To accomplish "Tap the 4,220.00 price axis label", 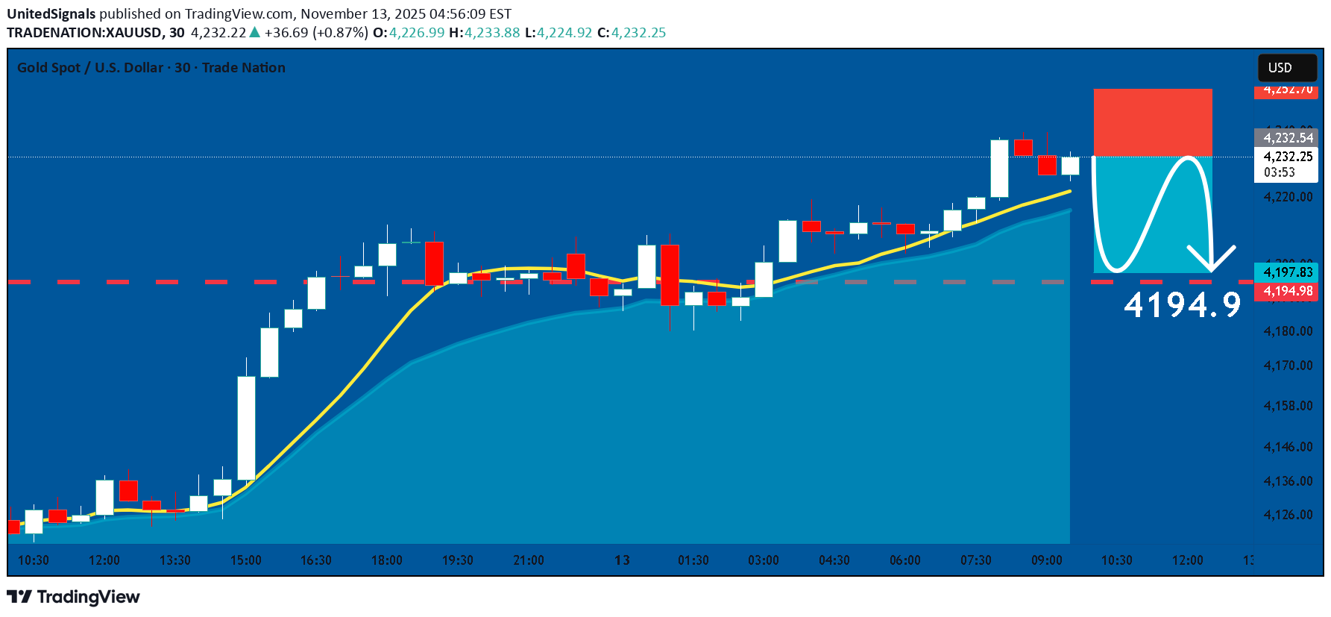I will pyautogui.click(x=1288, y=197).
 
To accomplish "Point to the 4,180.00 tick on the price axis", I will pyautogui.click(x=1288, y=331).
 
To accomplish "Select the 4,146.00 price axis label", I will pyautogui.click(x=1288, y=447).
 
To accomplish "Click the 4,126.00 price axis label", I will pyautogui.click(x=1288, y=515).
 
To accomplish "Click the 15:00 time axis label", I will pyautogui.click(x=246, y=560).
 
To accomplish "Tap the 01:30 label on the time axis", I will pyautogui.click(x=693, y=560).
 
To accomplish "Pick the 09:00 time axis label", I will pyautogui.click(x=1046, y=560).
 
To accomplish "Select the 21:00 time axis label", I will pyautogui.click(x=529, y=560).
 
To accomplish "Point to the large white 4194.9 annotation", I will pyautogui.click(x=1182, y=305).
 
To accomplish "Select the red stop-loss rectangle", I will pyautogui.click(x=1153, y=122).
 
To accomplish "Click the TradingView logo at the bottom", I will pyautogui.click(x=73, y=597).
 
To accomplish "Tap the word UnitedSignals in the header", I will pyautogui.click(x=51, y=14).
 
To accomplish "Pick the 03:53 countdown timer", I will pyautogui.click(x=1280, y=172).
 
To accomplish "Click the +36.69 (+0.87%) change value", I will pyautogui.click(x=316, y=33).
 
